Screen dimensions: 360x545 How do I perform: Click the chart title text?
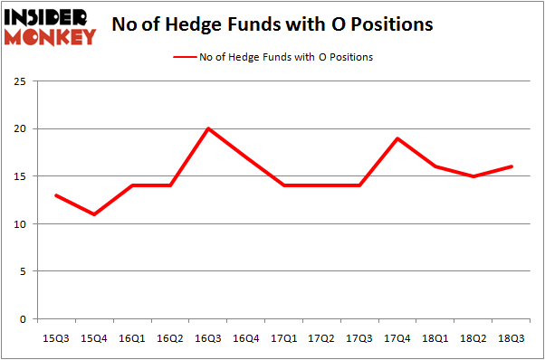(272, 24)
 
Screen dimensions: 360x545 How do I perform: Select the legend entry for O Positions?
(272, 57)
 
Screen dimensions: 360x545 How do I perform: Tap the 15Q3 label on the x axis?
(56, 337)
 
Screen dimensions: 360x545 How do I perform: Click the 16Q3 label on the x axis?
(208, 337)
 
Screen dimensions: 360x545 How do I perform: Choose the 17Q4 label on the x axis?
(397, 337)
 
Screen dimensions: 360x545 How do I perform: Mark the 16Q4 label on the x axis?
(246, 337)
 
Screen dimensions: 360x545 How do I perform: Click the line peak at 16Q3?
(208, 128)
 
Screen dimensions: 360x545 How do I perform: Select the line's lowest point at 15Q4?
(94, 214)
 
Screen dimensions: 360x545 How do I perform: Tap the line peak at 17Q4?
(397, 138)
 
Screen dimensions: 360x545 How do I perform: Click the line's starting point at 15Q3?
(56, 195)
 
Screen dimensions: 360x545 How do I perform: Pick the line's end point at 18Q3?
(512, 166)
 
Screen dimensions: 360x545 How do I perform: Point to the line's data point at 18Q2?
(473, 176)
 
